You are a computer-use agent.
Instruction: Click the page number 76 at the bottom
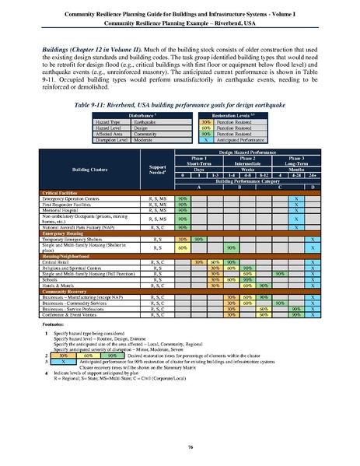pos(180,447)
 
